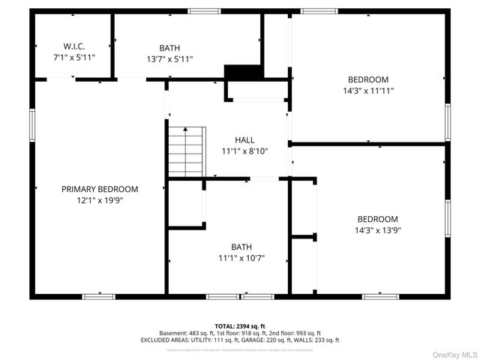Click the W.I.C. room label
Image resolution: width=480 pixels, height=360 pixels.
(73, 45)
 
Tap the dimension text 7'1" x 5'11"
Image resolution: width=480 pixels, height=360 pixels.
(73, 56)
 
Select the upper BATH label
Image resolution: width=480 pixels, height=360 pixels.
(169, 47)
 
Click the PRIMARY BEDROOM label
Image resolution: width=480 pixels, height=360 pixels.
(100, 189)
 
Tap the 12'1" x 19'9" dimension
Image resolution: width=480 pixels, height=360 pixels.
(100, 200)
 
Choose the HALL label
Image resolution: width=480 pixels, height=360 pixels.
(244, 139)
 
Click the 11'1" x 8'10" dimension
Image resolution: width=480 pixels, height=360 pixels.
(244, 151)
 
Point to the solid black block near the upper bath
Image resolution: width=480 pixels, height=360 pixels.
(243, 72)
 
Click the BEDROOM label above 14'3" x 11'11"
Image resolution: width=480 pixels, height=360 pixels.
(367, 79)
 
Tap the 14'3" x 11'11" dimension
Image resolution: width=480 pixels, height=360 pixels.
(367, 91)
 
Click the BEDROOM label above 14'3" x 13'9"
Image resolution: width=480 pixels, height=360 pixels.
(377, 219)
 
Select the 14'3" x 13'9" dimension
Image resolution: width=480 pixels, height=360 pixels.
(377, 230)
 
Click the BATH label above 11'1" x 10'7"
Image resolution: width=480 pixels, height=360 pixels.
(241, 247)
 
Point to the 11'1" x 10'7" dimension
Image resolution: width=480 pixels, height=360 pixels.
(241, 259)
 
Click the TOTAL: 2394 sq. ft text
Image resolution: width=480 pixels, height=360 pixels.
(240, 326)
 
